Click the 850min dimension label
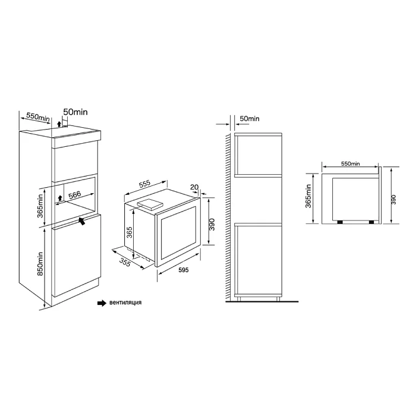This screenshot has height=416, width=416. (x=40, y=263)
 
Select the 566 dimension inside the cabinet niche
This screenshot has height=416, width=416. (x=75, y=195)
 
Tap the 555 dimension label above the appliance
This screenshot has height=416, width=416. (x=145, y=184)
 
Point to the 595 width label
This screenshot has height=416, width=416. (x=184, y=270)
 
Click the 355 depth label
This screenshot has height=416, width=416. (x=125, y=263)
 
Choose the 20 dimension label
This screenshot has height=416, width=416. (x=194, y=187)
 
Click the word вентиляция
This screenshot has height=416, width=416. (x=125, y=302)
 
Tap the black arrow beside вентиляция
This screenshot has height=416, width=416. (x=102, y=303)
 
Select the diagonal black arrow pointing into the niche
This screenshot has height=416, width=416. (x=82, y=220)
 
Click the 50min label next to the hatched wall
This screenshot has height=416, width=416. (x=250, y=119)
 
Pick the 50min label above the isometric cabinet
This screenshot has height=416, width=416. (x=75, y=112)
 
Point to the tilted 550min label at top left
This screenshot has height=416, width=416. (x=38, y=117)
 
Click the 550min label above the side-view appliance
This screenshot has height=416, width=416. (x=351, y=163)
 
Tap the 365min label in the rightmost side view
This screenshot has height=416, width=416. (x=308, y=196)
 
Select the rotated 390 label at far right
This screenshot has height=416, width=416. (x=393, y=200)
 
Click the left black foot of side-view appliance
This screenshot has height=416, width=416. (x=339, y=222)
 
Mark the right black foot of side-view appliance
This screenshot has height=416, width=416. (x=371, y=222)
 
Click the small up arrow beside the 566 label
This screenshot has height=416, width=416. (x=60, y=198)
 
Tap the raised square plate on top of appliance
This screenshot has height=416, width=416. (x=149, y=204)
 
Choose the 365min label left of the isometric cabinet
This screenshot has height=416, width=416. (x=40, y=206)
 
